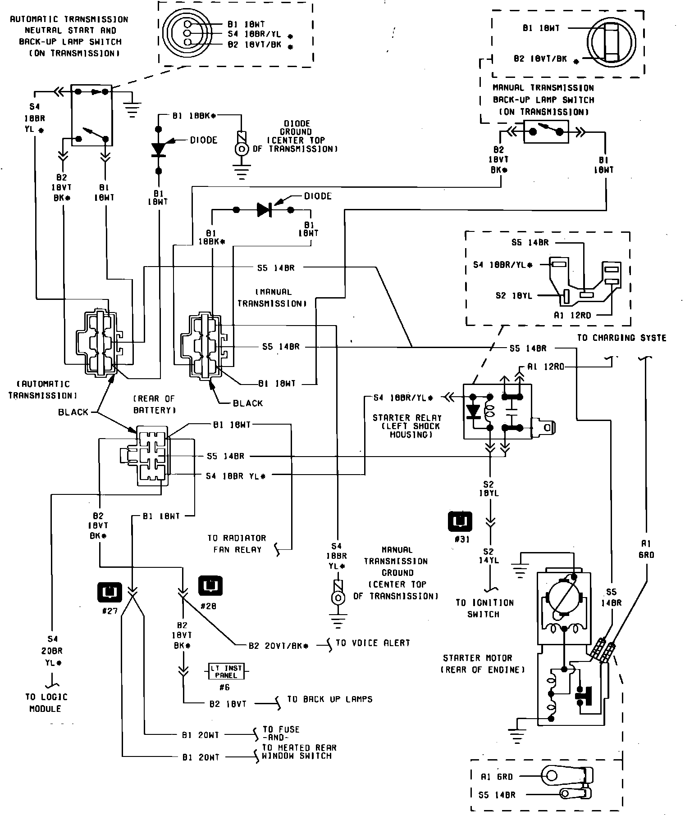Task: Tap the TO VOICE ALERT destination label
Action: (373, 643)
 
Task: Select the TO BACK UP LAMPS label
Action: (330, 699)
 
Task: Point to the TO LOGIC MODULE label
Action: (46, 702)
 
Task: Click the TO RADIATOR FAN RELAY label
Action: (237, 543)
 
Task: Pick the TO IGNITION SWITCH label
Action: (484, 608)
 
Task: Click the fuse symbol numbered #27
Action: (109, 592)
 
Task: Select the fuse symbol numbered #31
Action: (460, 522)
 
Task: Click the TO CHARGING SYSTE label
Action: (621, 338)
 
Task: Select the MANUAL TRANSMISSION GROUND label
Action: (397, 573)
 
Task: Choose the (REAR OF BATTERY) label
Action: (154, 404)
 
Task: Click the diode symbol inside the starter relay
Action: (473, 411)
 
